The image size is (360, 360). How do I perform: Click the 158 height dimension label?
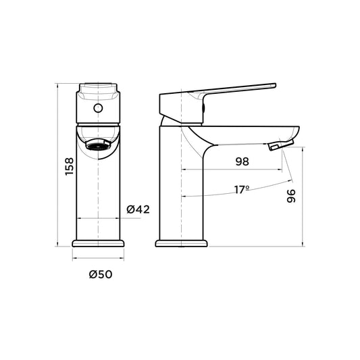point(70,166)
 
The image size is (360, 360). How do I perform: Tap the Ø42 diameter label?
point(138,209)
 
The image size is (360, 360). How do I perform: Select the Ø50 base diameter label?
point(101,274)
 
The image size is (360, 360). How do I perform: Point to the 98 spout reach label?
point(242,161)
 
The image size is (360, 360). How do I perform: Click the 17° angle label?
point(242,190)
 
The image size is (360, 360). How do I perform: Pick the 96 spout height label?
point(291,196)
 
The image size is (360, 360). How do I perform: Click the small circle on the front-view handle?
point(98,108)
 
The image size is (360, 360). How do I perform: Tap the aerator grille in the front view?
point(98,146)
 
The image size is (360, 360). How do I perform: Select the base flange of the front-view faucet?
point(98,243)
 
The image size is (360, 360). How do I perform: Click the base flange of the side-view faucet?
point(182,243)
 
